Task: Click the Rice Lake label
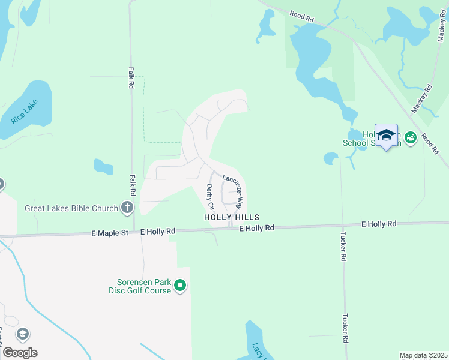(x=24, y=112)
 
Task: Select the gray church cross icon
(x=127, y=208)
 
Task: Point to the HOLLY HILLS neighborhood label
(x=232, y=217)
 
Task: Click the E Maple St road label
(x=110, y=232)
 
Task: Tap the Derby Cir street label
(x=209, y=197)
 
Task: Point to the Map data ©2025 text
(x=423, y=355)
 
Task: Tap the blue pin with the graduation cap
(x=386, y=136)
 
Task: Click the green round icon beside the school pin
(x=411, y=138)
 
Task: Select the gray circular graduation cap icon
(x=23, y=334)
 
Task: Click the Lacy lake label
(x=258, y=352)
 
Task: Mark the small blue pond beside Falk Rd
(x=103, y=166)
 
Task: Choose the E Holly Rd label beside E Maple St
(x=158, y=232)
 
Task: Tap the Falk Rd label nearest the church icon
(x=132, y=185)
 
